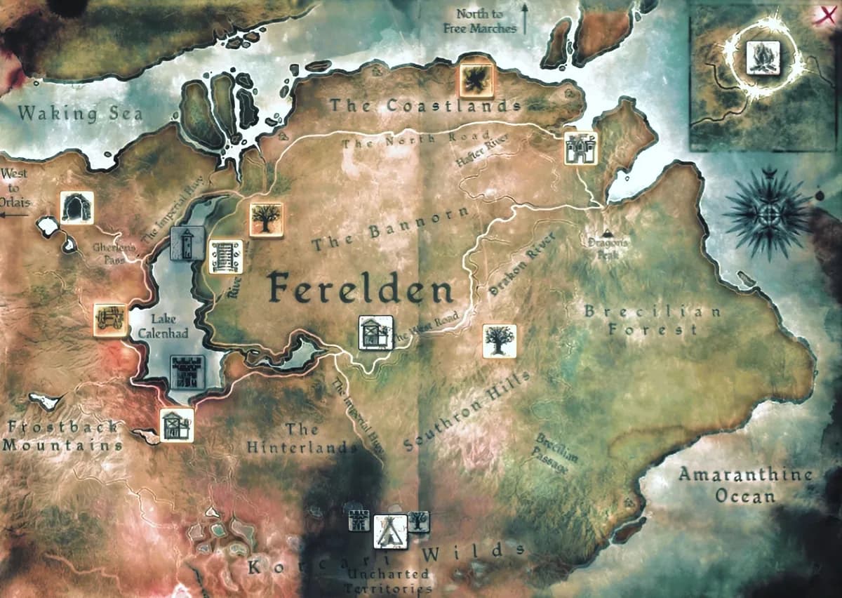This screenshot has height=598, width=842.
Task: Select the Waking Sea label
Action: pyautogui.click(x=80, y=113)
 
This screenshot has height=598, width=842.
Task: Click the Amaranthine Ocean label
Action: pyautogui.click(x=745, y=485)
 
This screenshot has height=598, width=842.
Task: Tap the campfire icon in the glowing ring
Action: pyautogui.click(x=760, y=55)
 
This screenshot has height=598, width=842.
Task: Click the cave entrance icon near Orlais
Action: pyautogui.click(x=76, y=207)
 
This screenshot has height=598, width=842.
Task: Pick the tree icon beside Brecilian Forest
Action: pyautogui.click(x=500, y=341)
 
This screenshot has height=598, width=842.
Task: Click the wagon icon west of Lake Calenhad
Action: pyautogui.click(x=111, y=319)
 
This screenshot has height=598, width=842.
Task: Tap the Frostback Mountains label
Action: pyautogui.click(x=62, y=436)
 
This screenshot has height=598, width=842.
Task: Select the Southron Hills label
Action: pyautogui.click(x=467, y=411)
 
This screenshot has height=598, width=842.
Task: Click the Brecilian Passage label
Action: pyautogui.click(x=556, y=453)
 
